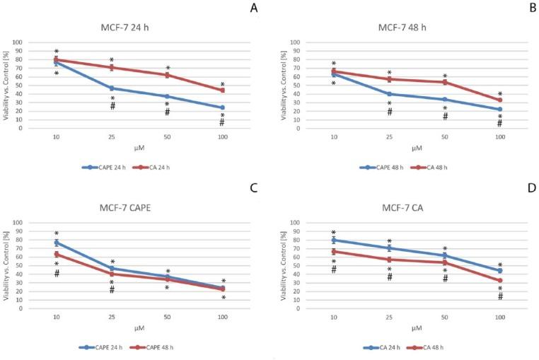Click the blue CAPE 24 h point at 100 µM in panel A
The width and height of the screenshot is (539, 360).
tap(222, 108)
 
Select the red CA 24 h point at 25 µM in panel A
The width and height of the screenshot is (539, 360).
tap(111, 67)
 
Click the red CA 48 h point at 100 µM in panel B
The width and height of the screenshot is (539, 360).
tap(499, 100)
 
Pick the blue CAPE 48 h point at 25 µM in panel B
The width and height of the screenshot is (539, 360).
tap(388, 94)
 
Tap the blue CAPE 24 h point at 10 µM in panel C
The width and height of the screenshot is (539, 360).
tap(56, 243)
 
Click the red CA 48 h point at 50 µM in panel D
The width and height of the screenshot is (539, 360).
tap(444, 262)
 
